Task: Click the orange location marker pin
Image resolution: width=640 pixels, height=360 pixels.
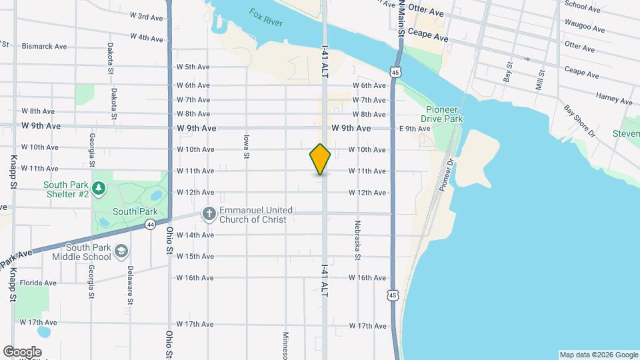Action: pyautogui.click(x=320, y=159)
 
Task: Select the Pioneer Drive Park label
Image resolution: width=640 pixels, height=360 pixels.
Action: pyautogui.click(x=444, y=114)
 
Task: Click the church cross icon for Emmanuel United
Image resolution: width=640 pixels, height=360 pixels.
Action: pyautogui.click(x=209, y=214)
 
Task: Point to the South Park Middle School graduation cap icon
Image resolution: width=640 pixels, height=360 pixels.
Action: pyautogui.click(x=121, y=251)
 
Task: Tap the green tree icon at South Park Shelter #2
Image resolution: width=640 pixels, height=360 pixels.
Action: pyautogui.click(x=99, y=189)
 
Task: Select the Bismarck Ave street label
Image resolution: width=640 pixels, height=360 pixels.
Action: pyautogui.click(x=45, y=47)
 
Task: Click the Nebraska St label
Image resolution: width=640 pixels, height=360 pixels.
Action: pyautogui.click(x=358, y=240)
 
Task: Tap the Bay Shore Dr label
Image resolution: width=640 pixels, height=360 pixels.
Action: pyautogui.click(x=579, y=121)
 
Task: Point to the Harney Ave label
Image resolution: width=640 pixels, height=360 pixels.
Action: pyautogui.click(x=614, y=98)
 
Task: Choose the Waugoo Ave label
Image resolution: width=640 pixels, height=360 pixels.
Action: pyautogui.click(x=585, y=28)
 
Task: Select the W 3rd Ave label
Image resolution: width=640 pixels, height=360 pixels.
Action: pyautogui.click(x=147, y=16)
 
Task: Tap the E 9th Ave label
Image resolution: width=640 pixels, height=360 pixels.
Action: pyautogui.click(x=414, y=129)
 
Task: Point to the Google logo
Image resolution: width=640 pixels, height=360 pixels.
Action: pyautogui.click(x=22, y=351)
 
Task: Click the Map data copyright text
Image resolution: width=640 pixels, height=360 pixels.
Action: pyautogui.click(x=597, y=355)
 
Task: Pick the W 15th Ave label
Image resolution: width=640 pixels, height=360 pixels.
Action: pyautogui.click(x=195, y=256)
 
